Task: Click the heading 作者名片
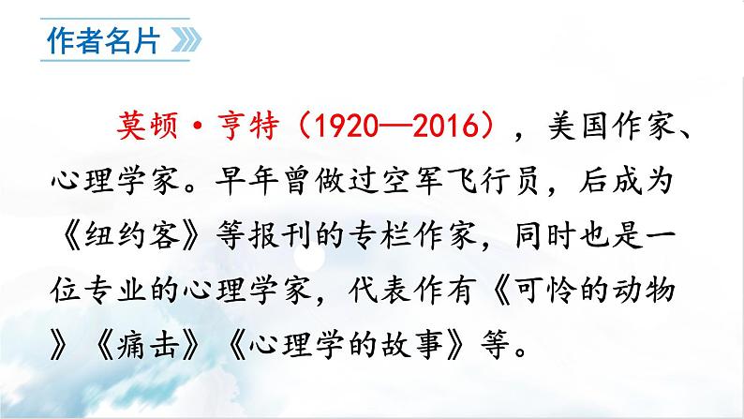pyautogui.click(x=101, y=43)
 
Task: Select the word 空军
pyautogui.click(x=383, y=183)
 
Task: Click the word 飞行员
pyautogui.click(x=466, y=183)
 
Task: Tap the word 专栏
pyautogui.click(x=422, y=238)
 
